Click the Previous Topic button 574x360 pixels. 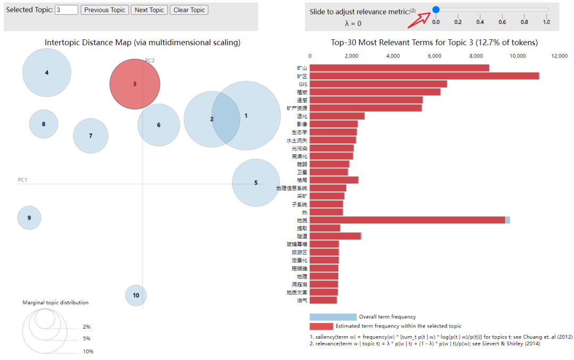pyautogui.click(x=105, y=10)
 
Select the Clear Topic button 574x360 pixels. pyautogui.click(x=189, y=10)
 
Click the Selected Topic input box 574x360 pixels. pyautogui.click(x=66, y=10)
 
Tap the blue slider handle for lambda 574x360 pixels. pyautogui.click(x=436, y=9)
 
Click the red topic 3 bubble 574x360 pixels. pyautogui.click(x=135, y=84)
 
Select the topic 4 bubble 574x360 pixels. pyautogui.click(x=47, y=72)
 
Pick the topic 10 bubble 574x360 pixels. pyautogui.click(x=136, y=295)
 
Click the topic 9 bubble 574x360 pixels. pyautogui.click(x=29, y=218)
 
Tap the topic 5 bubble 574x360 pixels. pyautogui.click(x=256, y=182)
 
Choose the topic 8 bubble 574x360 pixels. pyautogui.click(x=44, y=124)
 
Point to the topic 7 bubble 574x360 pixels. pyautogui.click(x=90, y=136)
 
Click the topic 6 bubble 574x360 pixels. pyautogui.click(x=158, y=125)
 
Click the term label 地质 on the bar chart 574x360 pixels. pyautogui.click(x=302, y=220)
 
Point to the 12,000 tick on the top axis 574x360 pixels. pyautogui.click(x=560, y=56)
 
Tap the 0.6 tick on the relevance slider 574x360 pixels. pyautogui.click(x=502, y=22)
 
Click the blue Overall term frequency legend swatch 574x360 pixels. pyautogui.click(x=333, y=317)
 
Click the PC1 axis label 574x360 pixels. pyautogui.click(x=22, y=180)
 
